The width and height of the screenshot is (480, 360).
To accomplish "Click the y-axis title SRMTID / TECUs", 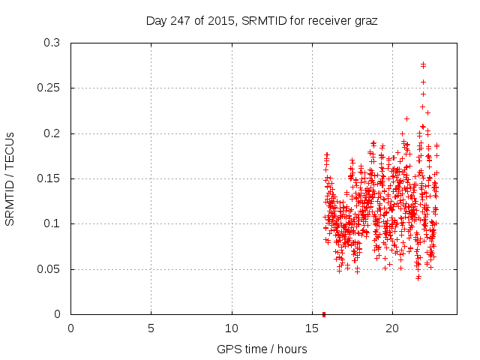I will (10, 178).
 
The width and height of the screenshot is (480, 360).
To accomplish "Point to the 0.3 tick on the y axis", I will (52, 43).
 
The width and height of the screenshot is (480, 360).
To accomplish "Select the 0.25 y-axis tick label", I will (49, 88).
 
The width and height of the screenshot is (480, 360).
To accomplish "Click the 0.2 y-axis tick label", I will (52, 133).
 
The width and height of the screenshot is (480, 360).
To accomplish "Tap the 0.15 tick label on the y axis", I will (49, 178).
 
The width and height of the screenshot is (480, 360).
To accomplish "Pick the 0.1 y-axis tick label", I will (52, 223).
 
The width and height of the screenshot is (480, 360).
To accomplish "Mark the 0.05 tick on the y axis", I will (49, 268).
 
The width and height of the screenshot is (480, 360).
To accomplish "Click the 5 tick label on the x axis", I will (151, 328).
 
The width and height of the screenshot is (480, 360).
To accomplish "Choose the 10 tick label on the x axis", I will (232, 328).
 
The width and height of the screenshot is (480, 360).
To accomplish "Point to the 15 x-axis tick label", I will (312, 328).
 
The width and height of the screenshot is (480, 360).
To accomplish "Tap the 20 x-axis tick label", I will (392, 328).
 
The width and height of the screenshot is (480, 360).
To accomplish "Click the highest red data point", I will (423, 64).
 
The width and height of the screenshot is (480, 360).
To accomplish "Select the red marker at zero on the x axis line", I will (323, 313).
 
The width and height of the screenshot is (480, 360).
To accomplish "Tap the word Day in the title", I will (155, 20).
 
